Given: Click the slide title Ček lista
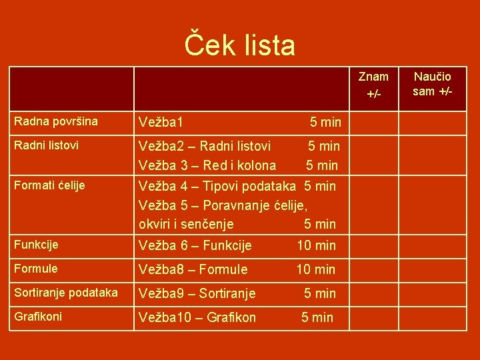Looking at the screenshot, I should click(239, 45).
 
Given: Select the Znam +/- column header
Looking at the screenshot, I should click(373, 85).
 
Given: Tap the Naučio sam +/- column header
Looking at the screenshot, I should click(433, 84).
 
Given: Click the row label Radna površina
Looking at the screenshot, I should click(56, 121).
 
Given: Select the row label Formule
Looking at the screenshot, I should click(36, 269).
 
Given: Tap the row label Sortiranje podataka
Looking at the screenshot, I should click(66, 293).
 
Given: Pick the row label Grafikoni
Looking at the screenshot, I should click(38, 317).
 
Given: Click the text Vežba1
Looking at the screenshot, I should click(161, 122).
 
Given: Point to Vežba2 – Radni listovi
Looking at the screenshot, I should click(205, 146).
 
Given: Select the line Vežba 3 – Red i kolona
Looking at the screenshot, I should click(207, 165).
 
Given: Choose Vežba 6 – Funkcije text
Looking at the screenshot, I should click(195, 245).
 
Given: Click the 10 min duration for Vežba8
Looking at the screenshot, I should click(316, 269).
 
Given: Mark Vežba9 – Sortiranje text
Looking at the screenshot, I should click(197, 293).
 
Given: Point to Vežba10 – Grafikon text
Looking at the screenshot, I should click(197, 317).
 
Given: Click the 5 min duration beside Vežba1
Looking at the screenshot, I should click(325, 122).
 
